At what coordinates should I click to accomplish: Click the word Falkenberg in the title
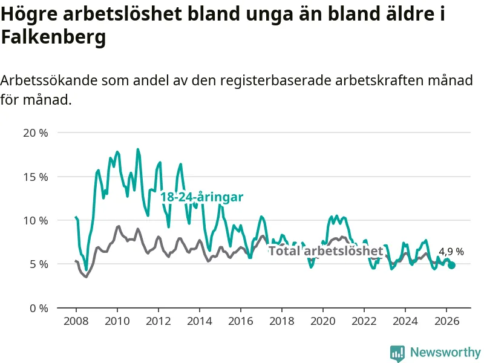click(x=53, y=38)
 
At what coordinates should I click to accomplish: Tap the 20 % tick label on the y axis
click(x=36, y=133)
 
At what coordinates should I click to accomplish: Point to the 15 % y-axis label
click(x=36, y=177)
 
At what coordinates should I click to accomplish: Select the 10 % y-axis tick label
click(x=36, y=221)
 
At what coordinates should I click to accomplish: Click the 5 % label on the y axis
click(x=39, y=264)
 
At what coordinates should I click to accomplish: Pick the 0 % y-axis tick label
click(x=39, y=309)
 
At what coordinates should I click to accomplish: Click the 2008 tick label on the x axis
click(x=76, y=321)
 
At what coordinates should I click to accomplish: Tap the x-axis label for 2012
click(x=159, y=321)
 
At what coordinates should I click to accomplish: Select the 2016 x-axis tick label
click(x=240, y=321)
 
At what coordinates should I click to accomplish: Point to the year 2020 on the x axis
click(x=323, y=321)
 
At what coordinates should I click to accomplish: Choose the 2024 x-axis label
click(x=405, y=321)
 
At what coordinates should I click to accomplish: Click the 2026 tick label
click(x=446, y=321)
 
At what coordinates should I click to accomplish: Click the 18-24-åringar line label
click(x=202, y=197)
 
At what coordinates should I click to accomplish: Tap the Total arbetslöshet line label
click(x=326, y=250)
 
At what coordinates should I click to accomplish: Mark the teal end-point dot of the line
click(x=451, y=265)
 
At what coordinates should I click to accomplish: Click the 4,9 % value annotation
click(x=451, y=252)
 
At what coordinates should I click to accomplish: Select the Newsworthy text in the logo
click(x=445, y=352)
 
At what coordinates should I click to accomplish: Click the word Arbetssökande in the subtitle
click(x=49, y=80)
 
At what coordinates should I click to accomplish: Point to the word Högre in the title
click(x=29, y=15)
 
